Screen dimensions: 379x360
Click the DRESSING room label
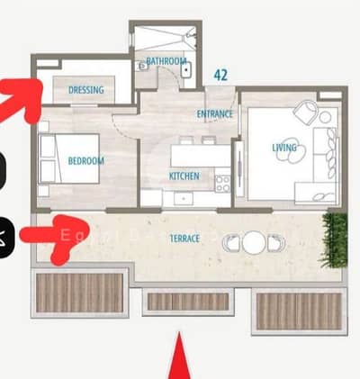(86, 90)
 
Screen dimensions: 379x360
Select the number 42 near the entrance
(221, 76)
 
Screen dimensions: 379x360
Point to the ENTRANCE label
(215, 114)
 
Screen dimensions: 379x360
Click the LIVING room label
(284, 148)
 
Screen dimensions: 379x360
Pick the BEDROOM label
(86, 161)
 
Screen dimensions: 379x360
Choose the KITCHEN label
(184, 176)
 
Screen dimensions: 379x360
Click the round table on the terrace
(254, 241)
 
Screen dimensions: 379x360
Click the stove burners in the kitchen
(221, 182)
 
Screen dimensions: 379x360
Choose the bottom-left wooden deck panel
(78, 293)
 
